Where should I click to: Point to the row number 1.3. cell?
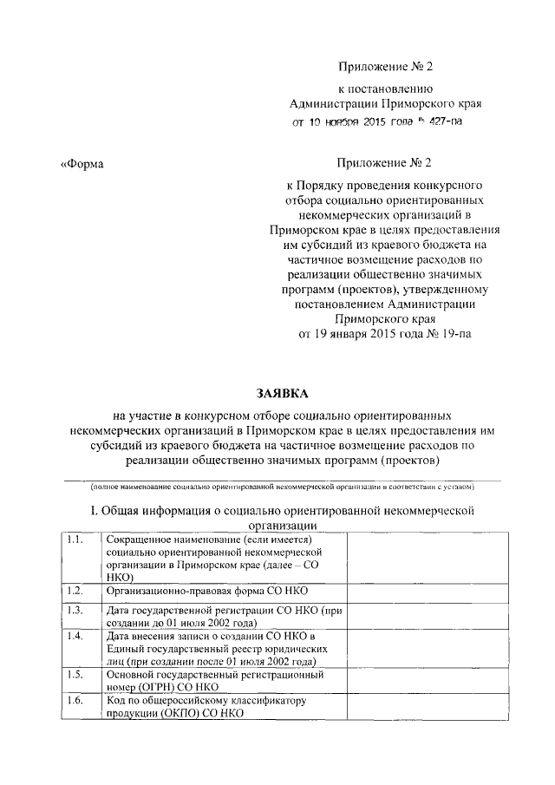(75, 611)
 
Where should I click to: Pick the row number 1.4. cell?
(75, 636)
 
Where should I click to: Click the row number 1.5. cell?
(75, 673)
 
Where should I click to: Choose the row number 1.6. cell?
(75, 698)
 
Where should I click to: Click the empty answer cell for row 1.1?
(424, 559)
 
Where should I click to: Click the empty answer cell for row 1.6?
(424, 706)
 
